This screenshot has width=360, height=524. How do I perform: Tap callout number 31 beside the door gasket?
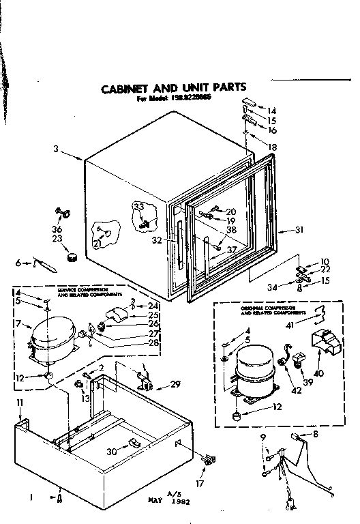pos(298,229)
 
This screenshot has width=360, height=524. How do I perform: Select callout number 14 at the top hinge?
pos(273,111)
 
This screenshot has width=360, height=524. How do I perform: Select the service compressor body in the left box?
pos(50,338)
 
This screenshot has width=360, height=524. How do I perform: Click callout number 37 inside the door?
pos(232,250)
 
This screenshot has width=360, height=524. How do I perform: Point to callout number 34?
pos(271,286)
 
